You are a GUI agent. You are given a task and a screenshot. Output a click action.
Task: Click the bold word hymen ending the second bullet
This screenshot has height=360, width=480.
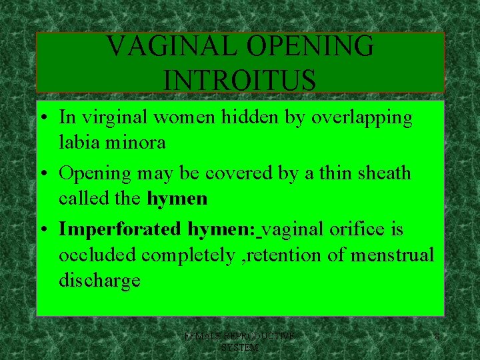(177, 199)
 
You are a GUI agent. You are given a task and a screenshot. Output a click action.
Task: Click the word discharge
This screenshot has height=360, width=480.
(99, 281)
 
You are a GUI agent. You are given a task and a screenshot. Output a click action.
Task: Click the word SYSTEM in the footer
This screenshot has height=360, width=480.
(239, 347)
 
